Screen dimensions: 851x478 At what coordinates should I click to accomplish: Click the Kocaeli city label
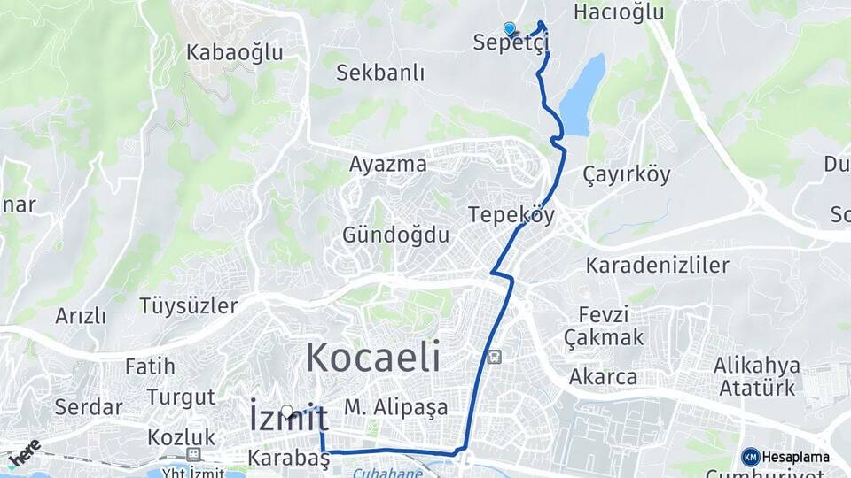[x=373, y=358]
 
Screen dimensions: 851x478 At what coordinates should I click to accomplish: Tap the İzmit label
[x=289, y=418]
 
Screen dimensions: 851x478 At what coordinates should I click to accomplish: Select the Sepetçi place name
[x=511, y=42]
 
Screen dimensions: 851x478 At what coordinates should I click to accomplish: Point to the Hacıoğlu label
[x=619, y=12]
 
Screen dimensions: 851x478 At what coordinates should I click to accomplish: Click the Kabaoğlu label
[x=235, y=52]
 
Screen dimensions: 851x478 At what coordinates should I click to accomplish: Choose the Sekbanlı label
[x=380, y=73]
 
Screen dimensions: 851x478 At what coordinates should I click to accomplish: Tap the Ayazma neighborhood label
[x=387, y=165]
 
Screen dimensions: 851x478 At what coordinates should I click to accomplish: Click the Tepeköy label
[x=511, y=215]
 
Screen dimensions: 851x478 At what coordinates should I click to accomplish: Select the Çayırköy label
[x=628, y=173]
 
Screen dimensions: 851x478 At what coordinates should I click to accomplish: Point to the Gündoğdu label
[x=396, y=235]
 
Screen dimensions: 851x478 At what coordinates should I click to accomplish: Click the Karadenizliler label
[x=657, y=265]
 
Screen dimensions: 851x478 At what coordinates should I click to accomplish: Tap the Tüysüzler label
[x=189, y=306]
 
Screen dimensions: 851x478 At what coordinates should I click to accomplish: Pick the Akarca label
[x=603, y=377]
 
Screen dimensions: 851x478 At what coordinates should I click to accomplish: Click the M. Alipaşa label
[x=396, y=407]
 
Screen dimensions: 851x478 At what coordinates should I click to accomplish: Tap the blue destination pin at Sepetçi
[x=509, y=29]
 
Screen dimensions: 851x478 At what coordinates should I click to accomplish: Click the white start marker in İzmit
[x=287, y=411]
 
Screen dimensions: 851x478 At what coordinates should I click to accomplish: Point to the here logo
[x=24, y=453]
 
